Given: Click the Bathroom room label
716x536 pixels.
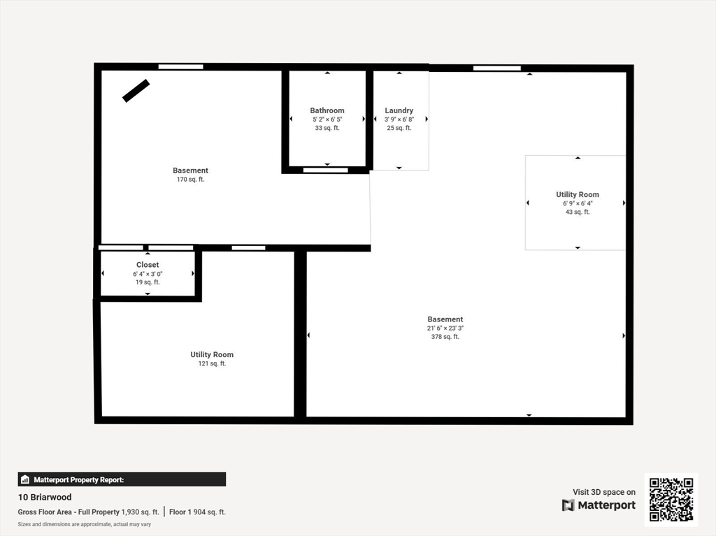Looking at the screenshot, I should point(327,110).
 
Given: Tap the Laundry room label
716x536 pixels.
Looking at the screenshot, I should point(399,110).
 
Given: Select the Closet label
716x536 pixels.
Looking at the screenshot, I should point(148,265).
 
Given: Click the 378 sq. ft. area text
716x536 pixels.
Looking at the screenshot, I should point(445,337).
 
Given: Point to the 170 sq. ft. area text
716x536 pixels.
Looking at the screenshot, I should point(190,180).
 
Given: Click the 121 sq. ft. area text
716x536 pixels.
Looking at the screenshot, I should point(212,363).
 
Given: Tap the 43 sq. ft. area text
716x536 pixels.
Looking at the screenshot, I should point(578,212).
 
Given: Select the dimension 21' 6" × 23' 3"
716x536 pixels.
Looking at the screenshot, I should point(445,328).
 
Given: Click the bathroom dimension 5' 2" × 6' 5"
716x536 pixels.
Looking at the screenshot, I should point(327,119).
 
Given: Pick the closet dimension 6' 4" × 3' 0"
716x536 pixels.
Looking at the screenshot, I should point(148,274).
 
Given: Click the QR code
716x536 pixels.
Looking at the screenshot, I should point(671,499).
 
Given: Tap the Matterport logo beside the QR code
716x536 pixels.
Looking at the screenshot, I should point(599,505).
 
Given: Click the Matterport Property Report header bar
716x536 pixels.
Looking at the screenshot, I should point(122,479).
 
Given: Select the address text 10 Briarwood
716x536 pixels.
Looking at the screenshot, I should point(45,498).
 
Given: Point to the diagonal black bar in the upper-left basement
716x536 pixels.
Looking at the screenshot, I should point(136,91).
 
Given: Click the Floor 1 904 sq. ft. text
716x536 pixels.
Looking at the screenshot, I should point(198,512).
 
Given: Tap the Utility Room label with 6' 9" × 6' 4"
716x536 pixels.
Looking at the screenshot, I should point(578,194).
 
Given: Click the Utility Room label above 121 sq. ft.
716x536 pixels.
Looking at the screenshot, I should point(212,354).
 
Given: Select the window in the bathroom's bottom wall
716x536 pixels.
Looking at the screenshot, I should point(326,170).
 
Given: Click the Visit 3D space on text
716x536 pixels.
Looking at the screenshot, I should point(604,492).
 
